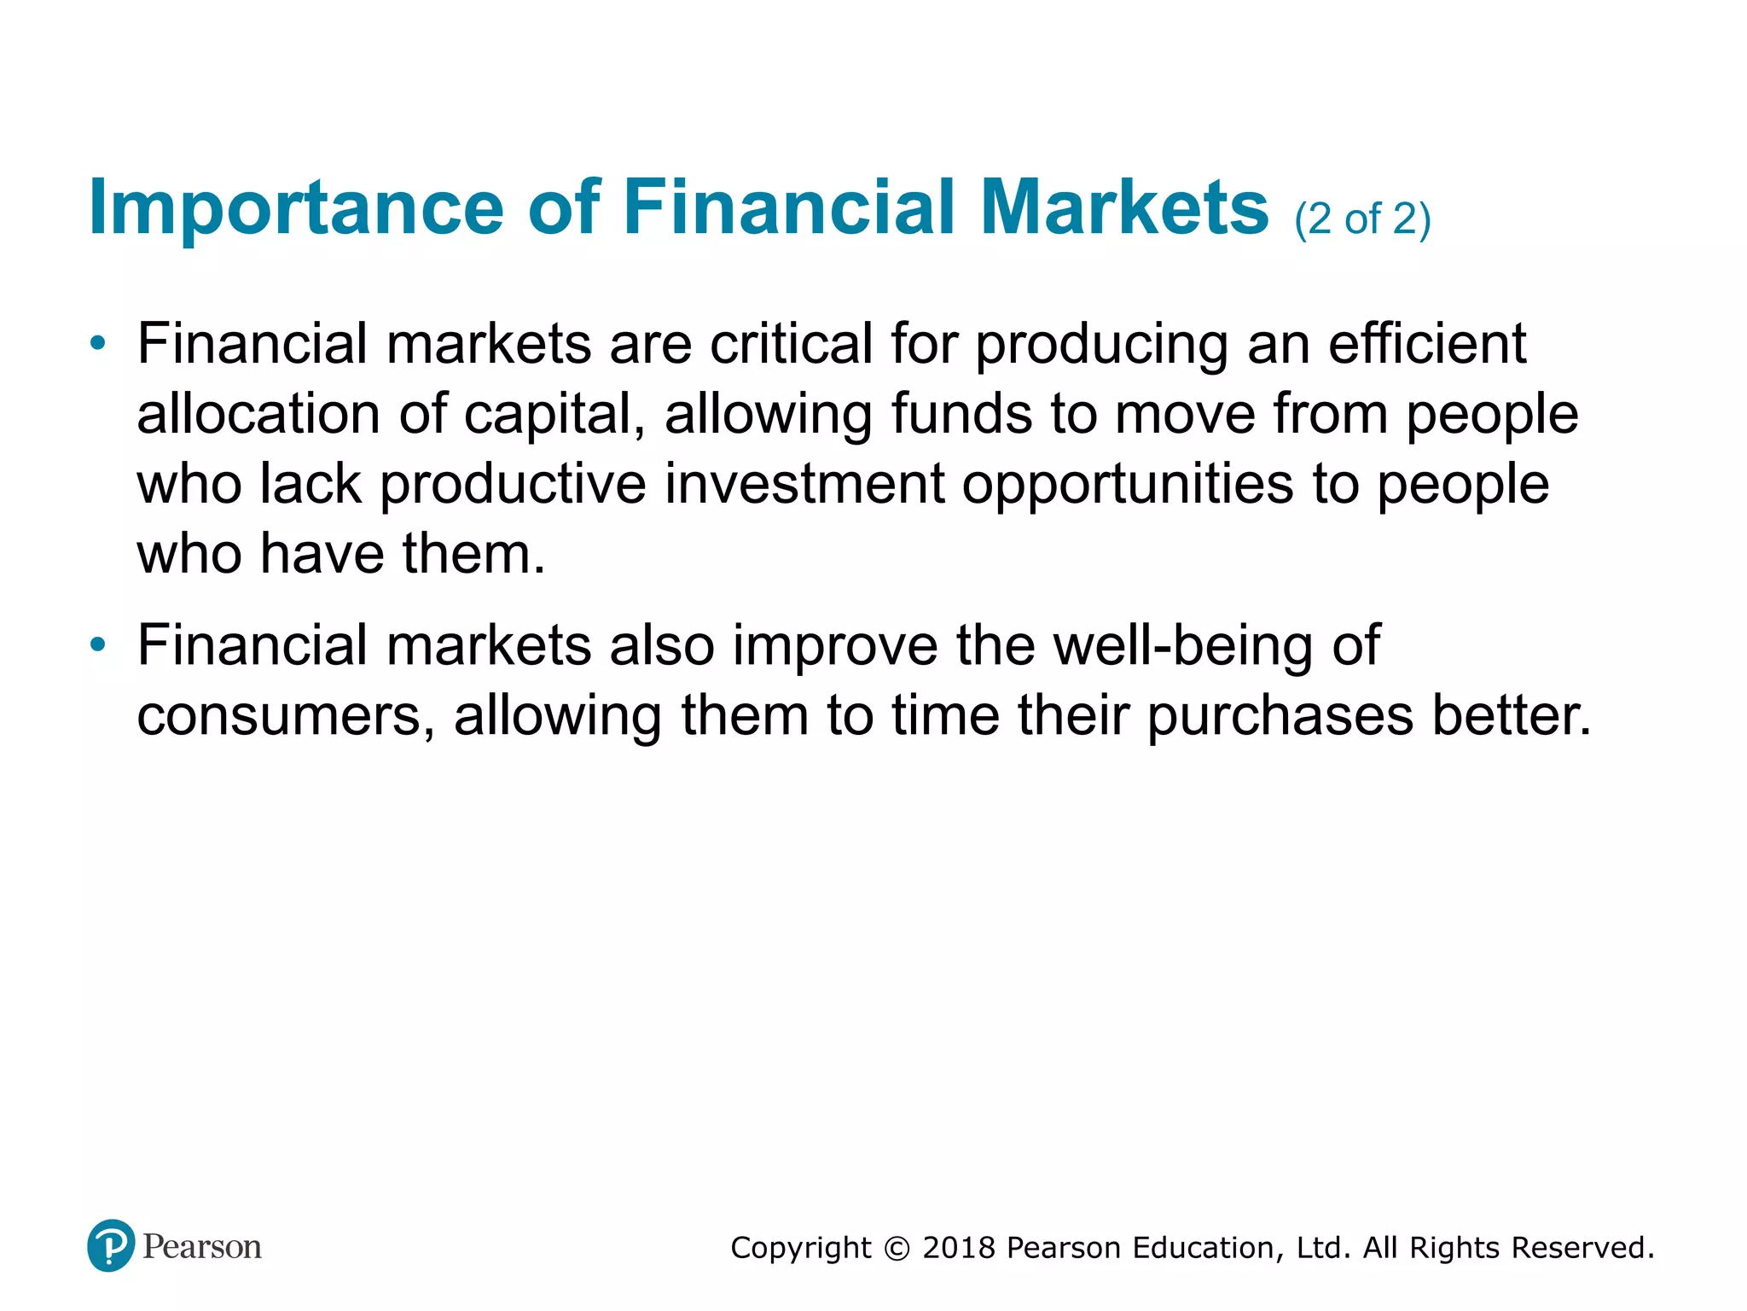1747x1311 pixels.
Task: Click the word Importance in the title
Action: click(296, 207)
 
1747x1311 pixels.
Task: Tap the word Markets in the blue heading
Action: click(1124, 207)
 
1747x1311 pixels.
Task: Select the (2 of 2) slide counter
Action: click(1362, 219)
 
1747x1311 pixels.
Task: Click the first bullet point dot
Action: click(99, 344)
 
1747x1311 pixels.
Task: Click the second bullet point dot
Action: click(99, 644)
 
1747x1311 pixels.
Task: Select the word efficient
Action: click(1427, 344)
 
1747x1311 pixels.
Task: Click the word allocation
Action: click(258, 414)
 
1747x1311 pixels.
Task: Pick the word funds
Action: click(961, 414)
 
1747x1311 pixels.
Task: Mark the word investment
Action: click(804, 484)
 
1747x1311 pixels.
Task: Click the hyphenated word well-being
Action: click(1184, 646)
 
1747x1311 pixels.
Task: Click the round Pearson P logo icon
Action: click(111, 1245)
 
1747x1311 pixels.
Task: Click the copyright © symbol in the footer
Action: click(897, 1249)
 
